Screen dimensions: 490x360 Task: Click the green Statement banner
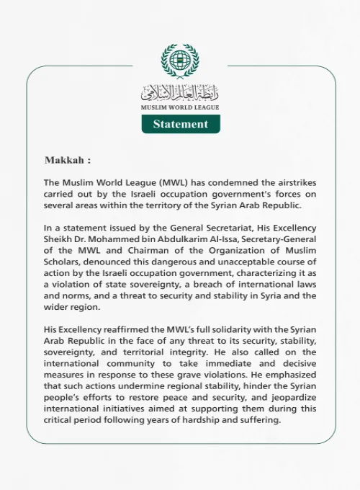tap(181, 124)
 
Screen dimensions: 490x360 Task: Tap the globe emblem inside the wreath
tap(180, 63)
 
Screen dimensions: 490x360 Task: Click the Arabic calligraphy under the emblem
tap(180, 92)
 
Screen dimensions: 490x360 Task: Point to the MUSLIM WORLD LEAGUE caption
tap(180, 107)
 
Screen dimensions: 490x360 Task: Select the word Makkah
tap(66, 160)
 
